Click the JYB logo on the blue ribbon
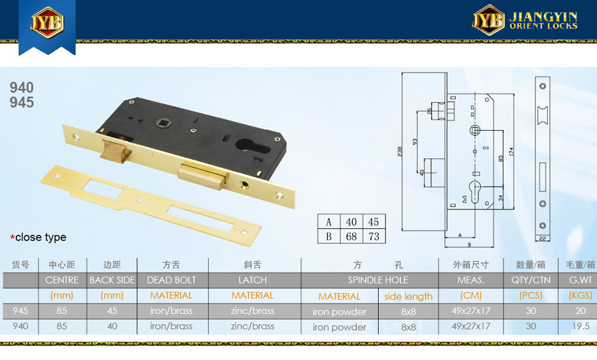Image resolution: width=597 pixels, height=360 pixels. click(47, 22)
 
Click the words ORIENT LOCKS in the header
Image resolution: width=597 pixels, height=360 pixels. click(543, 26)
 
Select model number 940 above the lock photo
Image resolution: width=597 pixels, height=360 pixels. click(22, 88)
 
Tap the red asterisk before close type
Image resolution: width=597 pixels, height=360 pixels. click(12, 238)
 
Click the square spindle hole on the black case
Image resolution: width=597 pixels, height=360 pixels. click(161, 123)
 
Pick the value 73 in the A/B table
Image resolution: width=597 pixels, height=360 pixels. click(374, 237)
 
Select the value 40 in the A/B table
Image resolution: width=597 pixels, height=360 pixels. click(351, 222)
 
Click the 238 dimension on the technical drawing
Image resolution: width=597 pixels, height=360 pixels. click(399, 152)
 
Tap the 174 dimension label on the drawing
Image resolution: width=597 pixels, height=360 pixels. click(511, 151)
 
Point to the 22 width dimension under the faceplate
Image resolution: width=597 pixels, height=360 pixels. click(543, 239)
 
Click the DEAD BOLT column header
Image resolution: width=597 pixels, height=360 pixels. click(171, 280)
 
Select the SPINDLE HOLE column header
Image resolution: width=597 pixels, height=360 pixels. click(377, 280)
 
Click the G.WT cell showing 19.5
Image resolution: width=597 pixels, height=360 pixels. click(580, 326)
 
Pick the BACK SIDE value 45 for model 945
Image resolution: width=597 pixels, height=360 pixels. click(112, 310)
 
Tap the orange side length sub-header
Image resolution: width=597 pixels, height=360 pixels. click(408, 296)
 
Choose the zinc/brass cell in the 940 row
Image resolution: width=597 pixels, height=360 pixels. click(253, 326)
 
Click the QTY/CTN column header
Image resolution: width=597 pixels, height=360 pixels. click(531, 280)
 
